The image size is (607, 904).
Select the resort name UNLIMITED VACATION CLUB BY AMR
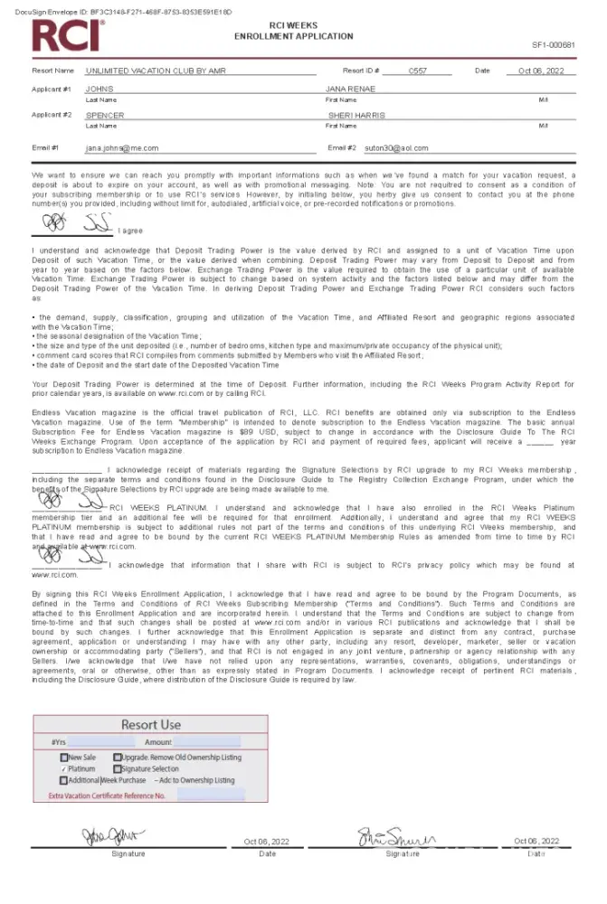coord(156,71)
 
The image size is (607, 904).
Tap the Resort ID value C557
coord(417,71)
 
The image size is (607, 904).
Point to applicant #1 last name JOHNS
coord(100,89)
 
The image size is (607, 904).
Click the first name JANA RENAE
coord(350,89)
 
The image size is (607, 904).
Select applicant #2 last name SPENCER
coord(105,116)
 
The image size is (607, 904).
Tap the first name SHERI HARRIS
coord(356,116)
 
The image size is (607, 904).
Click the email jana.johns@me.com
coord(122,148)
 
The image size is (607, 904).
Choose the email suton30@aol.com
coord(398,148)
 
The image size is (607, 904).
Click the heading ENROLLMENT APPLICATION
coord(293,36)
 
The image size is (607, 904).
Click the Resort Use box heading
coord(151,724)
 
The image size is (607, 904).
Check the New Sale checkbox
coord(64,757)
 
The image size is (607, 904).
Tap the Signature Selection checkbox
coord(118,768)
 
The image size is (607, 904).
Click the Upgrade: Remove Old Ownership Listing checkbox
coord(118,757)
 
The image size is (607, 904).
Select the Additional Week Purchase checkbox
coord(64,780)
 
